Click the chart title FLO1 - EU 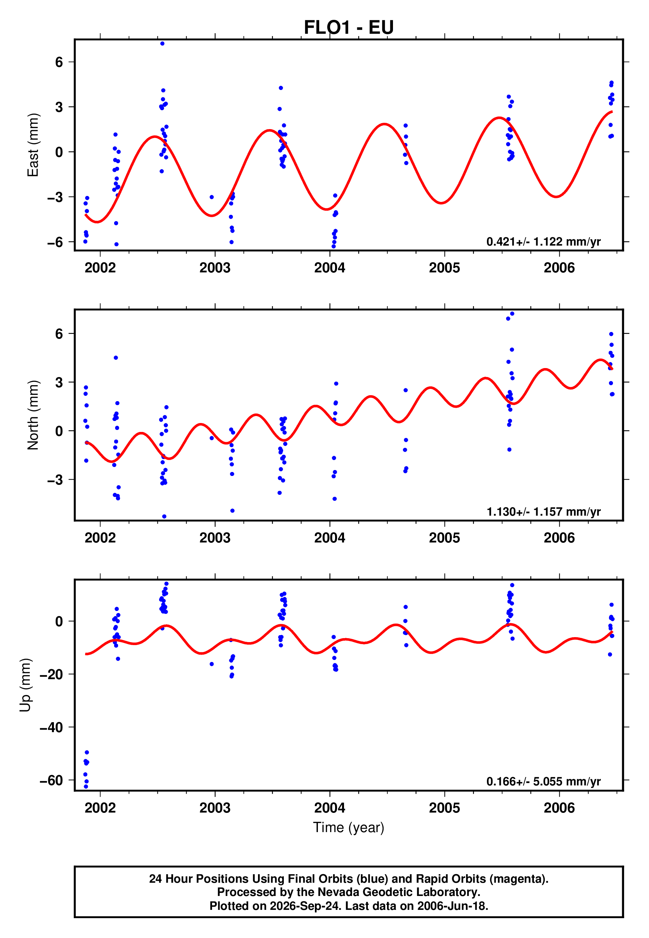[349, 27]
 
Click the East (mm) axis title [32, 145]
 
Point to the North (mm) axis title [32, 415]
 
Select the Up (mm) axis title [25, 685]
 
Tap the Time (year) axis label [349, 828]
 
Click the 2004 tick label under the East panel [329, 268]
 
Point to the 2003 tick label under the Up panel [215, 808]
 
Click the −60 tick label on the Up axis [51, 780]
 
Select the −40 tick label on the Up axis [51, 727]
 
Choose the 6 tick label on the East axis [59, 62]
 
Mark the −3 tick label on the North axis [55, 480]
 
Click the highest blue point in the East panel [162, 43]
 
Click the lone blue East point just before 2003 [211, 197]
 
